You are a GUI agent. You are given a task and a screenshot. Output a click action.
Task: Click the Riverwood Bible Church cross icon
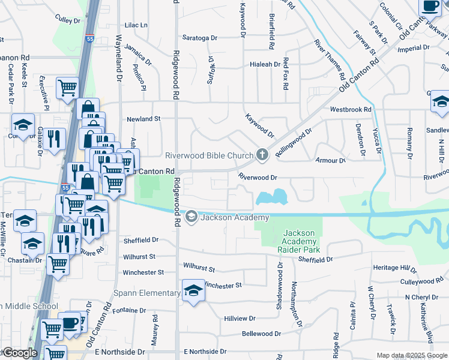point(262,155)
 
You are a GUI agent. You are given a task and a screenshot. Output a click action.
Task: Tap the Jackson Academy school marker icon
point(191,217)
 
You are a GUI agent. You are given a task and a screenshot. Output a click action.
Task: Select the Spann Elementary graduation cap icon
point(193,292)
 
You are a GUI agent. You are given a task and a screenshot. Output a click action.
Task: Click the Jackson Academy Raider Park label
point(300,241)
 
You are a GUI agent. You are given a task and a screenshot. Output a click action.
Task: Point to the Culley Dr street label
point(67,20)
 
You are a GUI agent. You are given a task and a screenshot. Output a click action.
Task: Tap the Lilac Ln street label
point(136,25)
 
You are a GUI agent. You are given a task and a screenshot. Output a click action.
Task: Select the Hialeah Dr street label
point(265,64)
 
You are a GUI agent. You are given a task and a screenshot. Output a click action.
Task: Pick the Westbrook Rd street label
point(351,110)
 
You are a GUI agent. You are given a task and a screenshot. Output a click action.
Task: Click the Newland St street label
point(143,119)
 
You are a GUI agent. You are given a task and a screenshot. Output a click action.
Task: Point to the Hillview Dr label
point(240,319)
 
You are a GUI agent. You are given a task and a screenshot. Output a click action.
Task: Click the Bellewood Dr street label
point(261,334)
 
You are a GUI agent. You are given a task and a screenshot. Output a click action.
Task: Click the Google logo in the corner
point(19,353)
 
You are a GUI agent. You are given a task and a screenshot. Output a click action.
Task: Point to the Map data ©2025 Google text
point(411,355)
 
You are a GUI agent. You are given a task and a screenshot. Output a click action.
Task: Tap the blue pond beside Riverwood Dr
point(271,197)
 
